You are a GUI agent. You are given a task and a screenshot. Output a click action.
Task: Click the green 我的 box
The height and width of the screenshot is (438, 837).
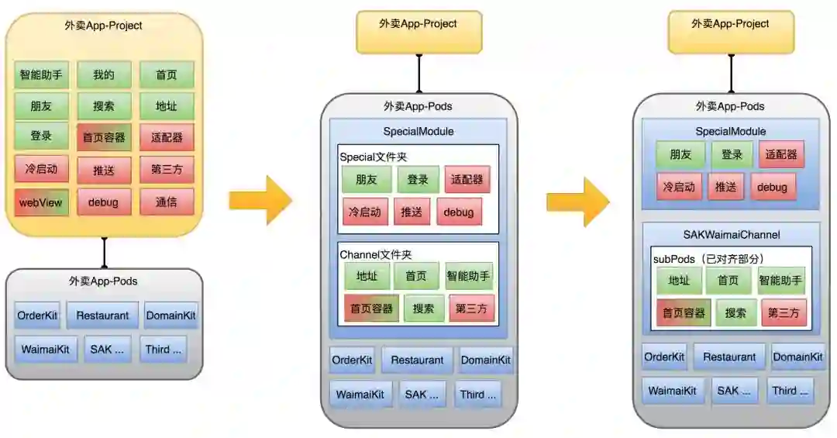pyautogui.click(x=104, y=75)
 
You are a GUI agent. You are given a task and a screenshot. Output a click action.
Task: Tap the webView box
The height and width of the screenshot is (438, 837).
pyautogui.click(x=41, y=202)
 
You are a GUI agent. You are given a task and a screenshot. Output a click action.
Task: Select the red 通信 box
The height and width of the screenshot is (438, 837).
pyautogui.click(x=167, y=202)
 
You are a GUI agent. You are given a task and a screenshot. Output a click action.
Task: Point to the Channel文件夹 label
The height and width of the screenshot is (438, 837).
pyautogui.click(x=376, y=254)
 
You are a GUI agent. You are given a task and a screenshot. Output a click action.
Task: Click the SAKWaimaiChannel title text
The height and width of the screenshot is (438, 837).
pyautogui.click(x=731, y=234)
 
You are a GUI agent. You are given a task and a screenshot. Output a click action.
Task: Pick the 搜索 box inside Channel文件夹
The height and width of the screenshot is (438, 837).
pyautogui.click(x=423, y=308)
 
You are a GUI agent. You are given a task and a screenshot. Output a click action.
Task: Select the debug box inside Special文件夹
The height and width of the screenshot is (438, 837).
pyautogui.click(x=459, y=212)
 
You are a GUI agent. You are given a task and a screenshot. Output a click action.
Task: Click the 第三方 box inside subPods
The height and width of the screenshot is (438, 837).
pyautogui.click(x=784, y=313)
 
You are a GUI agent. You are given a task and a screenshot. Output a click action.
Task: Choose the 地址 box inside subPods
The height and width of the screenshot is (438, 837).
pyautogui.click(x=679, y=281)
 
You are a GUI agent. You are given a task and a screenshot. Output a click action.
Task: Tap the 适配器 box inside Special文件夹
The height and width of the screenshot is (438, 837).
pyautogui.click(x=467, y=180)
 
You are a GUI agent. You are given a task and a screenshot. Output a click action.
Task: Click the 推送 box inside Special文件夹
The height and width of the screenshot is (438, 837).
pyautogui.click(x=412, y=212)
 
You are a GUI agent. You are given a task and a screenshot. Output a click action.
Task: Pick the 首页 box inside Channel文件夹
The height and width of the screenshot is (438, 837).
pyautogui.click(x=416, y=276)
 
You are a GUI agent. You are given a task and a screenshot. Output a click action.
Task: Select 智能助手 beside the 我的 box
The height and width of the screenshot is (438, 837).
pyautogui.click(x=41, y=75)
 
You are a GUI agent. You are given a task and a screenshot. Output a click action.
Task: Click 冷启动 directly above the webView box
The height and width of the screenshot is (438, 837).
pyautogui.click(x=41, y=169)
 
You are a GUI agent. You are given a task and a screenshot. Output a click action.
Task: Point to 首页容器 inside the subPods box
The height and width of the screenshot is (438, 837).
pyautogui.click(x=682, y=313)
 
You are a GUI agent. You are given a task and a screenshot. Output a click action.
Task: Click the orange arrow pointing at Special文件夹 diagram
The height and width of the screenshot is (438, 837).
pyautogui.click(x=260, y=200)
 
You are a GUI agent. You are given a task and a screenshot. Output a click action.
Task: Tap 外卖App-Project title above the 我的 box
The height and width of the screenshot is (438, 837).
pyautogui.click(x=104, y=26)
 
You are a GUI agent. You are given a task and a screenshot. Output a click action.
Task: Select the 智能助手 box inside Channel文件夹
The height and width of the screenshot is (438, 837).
pyautogui.click(x=469, y=276)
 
